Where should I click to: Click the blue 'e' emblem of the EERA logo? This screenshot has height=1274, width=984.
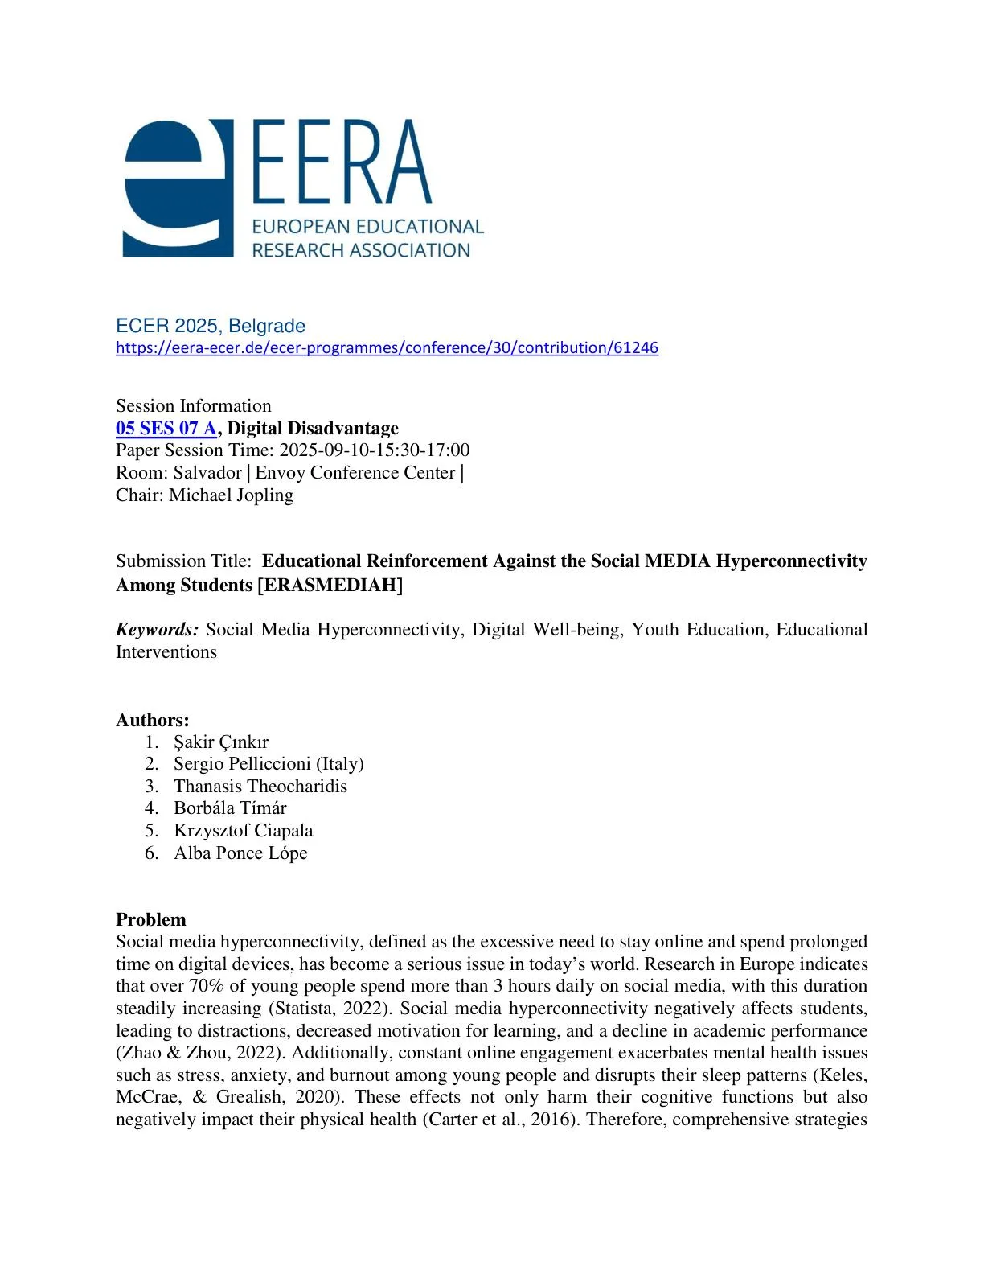tap(178, 189)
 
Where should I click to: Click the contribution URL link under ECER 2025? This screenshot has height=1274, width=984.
tap(387, 348)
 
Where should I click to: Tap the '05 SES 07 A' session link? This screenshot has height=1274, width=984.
tap(166, 428)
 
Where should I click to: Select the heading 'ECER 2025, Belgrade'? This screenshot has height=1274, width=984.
tap(211, 326)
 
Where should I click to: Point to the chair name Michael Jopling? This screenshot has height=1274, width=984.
tap(231, 495)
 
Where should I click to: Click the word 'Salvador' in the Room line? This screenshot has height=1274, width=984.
tap(207, 472)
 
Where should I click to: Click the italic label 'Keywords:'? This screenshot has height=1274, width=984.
tap(157, 629)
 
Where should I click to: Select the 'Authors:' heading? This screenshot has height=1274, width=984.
tap(153, 720)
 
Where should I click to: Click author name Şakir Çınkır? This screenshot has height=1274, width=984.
tap(221, 742)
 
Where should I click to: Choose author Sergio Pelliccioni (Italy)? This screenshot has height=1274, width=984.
tap(269, 763)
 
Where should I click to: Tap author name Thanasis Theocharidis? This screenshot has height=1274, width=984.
tap(260, 786)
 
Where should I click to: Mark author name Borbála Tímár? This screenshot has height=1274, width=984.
tap(230, 808)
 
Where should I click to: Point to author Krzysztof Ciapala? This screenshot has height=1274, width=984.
tap(244, 830)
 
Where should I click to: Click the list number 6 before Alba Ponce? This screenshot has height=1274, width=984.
tap(151, 853)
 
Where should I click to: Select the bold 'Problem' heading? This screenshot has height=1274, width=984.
tap(151, 919)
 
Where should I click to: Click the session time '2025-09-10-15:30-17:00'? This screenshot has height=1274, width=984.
tap(375, 450)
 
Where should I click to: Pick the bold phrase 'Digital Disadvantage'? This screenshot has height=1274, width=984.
tap(313, 428)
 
